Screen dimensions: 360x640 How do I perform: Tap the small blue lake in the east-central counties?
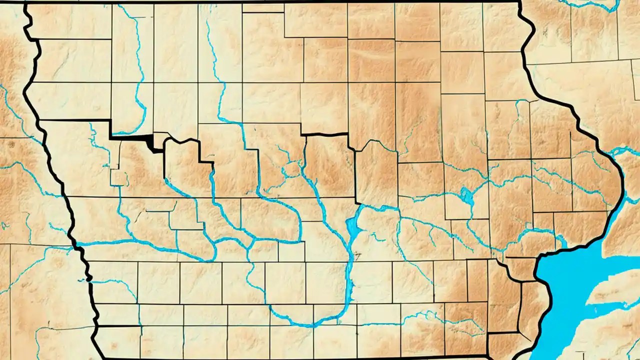pyautogui.click(x=467, y=195)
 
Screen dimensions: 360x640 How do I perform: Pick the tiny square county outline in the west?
pyautogui.click(x=118, y=177)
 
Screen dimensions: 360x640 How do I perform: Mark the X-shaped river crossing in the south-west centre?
pyautogui.click(x=252, y=242)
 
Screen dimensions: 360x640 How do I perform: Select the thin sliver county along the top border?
pyautogui.click(x=263, y=8)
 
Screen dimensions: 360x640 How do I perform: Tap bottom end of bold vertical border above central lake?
pyautogui.click(x=356, y=202)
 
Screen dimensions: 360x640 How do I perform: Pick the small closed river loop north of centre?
pyautogui.click(x=287, y=170)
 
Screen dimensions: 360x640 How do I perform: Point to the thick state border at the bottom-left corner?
pyautogui.click(x=97, y=345)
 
